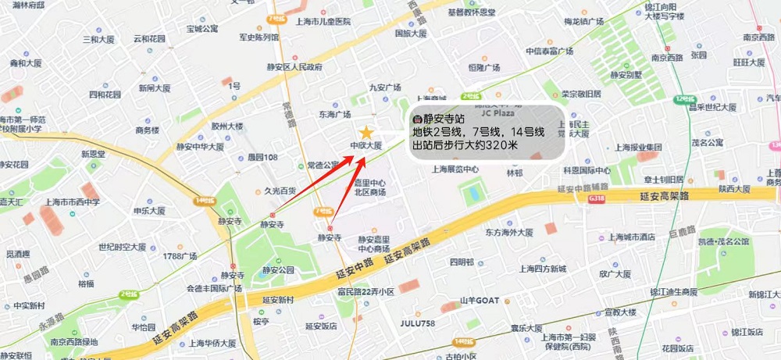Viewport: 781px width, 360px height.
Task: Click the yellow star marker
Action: coord(366,134)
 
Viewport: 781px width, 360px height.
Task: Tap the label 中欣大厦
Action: coord(366,146)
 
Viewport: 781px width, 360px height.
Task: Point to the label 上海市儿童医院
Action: coord(323,22)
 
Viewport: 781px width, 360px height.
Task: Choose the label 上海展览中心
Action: coord(455,169)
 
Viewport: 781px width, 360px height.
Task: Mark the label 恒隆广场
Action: coord(483,68)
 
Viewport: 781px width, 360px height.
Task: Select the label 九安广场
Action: coord(384,87)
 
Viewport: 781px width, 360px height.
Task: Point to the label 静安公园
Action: coord(279,269)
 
